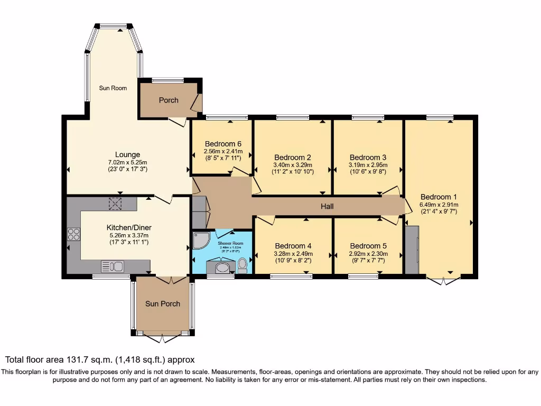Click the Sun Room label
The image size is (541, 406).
113,88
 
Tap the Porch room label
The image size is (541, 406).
169,100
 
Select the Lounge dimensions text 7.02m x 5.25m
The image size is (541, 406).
128,162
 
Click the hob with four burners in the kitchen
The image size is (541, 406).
73,234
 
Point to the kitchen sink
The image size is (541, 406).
112,266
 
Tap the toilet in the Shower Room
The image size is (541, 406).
242,264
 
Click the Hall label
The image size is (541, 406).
327,206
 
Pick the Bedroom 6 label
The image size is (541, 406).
223,143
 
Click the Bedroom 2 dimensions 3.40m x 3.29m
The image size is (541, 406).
292,164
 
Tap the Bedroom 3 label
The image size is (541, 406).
368,157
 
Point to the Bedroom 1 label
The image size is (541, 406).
439,197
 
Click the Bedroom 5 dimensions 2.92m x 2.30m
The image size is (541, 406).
368,253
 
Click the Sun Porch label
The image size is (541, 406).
163,303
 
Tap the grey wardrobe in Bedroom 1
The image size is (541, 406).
412,250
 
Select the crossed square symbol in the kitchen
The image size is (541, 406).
115,202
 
